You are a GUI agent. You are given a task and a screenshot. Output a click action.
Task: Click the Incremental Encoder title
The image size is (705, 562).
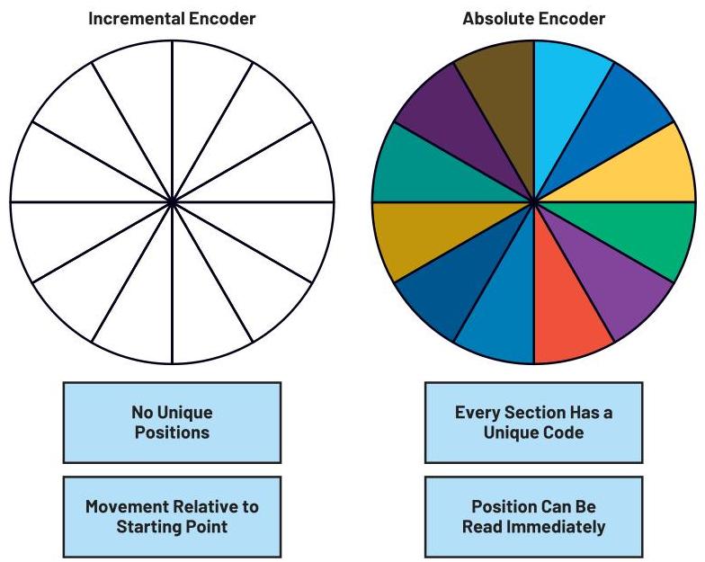pos(172,18)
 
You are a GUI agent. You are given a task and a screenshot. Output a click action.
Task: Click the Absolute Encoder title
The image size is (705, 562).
pos(533,18)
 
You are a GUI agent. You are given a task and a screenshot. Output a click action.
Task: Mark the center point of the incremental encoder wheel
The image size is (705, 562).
pos(172,202)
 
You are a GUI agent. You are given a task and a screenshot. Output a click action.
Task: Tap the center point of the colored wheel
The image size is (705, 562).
pos(534,202)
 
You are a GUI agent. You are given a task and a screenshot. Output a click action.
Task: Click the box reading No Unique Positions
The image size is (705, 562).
pos(172,423)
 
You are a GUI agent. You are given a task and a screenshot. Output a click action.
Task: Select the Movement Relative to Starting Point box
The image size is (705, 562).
pos(172,516)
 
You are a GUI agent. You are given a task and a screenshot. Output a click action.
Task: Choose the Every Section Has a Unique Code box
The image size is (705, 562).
pos(533,423)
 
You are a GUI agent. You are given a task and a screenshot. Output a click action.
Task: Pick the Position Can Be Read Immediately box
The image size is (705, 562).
pos(533,516)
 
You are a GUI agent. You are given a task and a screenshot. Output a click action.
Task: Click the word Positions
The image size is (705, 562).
pos(172,433)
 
